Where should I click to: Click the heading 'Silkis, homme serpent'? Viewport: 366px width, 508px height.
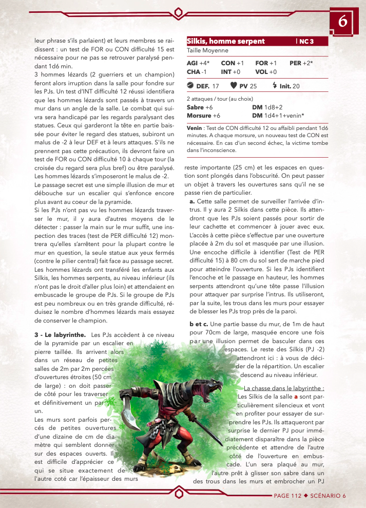pyautogui.click(x=225, y=41)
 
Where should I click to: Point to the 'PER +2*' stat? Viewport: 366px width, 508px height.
pyautogui.click(x=301, y=63)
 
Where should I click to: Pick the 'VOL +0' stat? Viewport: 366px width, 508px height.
pyautogui.click(x=266, y=72)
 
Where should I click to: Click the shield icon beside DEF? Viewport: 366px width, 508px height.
pyautogui.click(x=190, y=86)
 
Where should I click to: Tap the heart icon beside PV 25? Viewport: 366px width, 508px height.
pyautogui.click(x=234, y=86)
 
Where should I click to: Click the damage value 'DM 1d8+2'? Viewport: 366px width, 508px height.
pyautogui.click(x=268, y=107)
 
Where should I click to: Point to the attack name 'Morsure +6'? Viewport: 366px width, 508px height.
pyautogui.click(x=200, y=116)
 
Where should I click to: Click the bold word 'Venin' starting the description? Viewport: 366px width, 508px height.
pyautogui.click(x=194, y=127)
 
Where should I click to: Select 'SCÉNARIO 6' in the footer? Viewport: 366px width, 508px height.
pyautogui.click(x=328, y=496)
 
